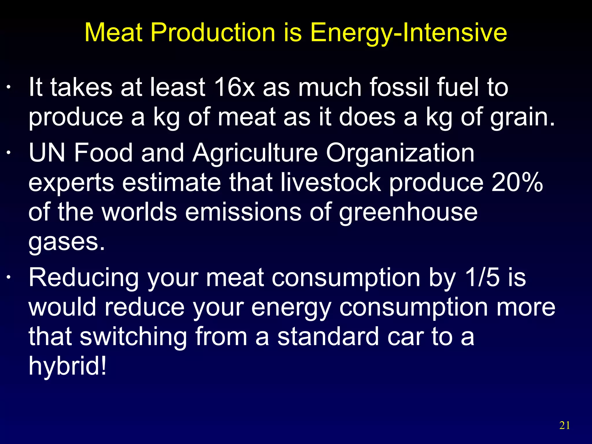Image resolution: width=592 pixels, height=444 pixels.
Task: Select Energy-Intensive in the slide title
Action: coord(408,33)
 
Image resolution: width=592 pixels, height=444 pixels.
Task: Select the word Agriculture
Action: coord(255,153)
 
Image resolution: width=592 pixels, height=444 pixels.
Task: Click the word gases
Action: coord(66,242)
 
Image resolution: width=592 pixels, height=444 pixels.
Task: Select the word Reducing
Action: coord(84,278)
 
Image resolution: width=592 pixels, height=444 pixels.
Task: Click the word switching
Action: coord(133,337)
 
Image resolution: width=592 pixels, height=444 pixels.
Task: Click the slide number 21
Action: coord(565,425)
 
